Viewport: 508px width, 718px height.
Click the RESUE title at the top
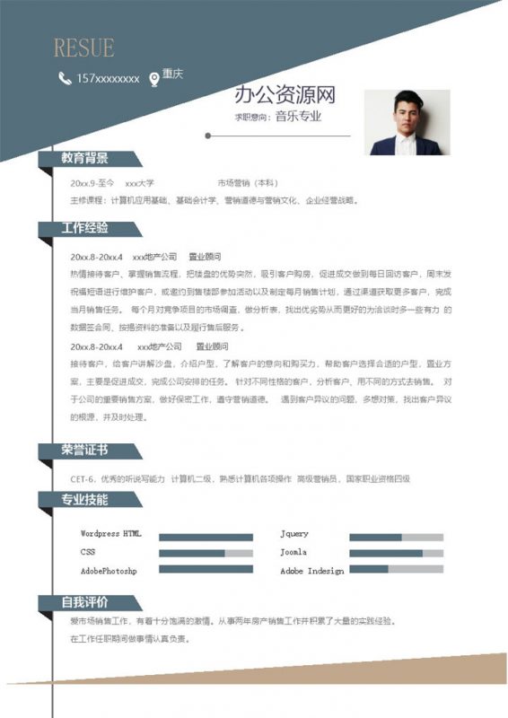[83, 48]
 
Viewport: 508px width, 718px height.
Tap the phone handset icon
[64, 78]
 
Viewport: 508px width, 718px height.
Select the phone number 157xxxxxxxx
[108, 79]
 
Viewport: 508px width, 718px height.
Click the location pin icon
[153, 78]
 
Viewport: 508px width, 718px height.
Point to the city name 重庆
[172, 75]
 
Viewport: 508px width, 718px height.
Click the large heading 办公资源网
[285, 95]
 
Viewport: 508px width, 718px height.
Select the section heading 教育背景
[85, 159]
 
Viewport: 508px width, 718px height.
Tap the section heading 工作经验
[85, 228]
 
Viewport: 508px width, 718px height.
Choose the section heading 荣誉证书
[85, 451]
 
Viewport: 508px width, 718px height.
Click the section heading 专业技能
[85, 499]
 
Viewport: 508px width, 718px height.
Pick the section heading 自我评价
[85, 601]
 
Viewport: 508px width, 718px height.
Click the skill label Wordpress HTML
[110, 534]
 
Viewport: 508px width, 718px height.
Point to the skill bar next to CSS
[206, 553]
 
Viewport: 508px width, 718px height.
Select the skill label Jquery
[294, 534]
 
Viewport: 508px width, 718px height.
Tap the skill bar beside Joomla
[396, 553]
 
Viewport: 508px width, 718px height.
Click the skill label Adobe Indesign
[311, 571]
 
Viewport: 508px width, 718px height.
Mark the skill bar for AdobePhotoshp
[206, 571]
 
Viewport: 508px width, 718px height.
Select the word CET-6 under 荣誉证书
[83, 479]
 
